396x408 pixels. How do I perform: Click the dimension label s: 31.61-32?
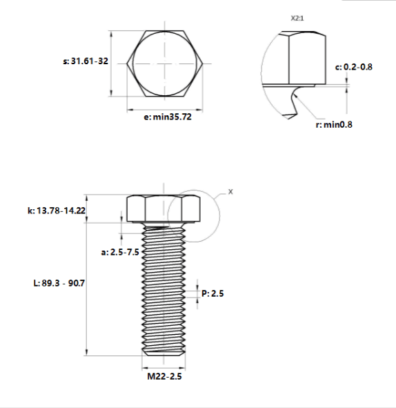coord(86,61)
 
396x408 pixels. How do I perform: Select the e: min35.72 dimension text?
coord(168,117)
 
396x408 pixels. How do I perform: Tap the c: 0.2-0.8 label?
coord(354,67)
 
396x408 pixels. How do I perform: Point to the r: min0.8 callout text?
coord(334,125)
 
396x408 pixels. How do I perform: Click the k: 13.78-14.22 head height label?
coord(57,211)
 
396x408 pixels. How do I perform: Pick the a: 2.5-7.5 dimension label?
coord(120,252)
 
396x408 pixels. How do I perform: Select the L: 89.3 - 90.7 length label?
coord(59,283)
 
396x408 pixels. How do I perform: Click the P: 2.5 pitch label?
coord(212,293)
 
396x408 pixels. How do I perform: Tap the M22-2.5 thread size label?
coord(164,376)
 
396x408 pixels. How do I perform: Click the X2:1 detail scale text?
coord(297,18)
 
